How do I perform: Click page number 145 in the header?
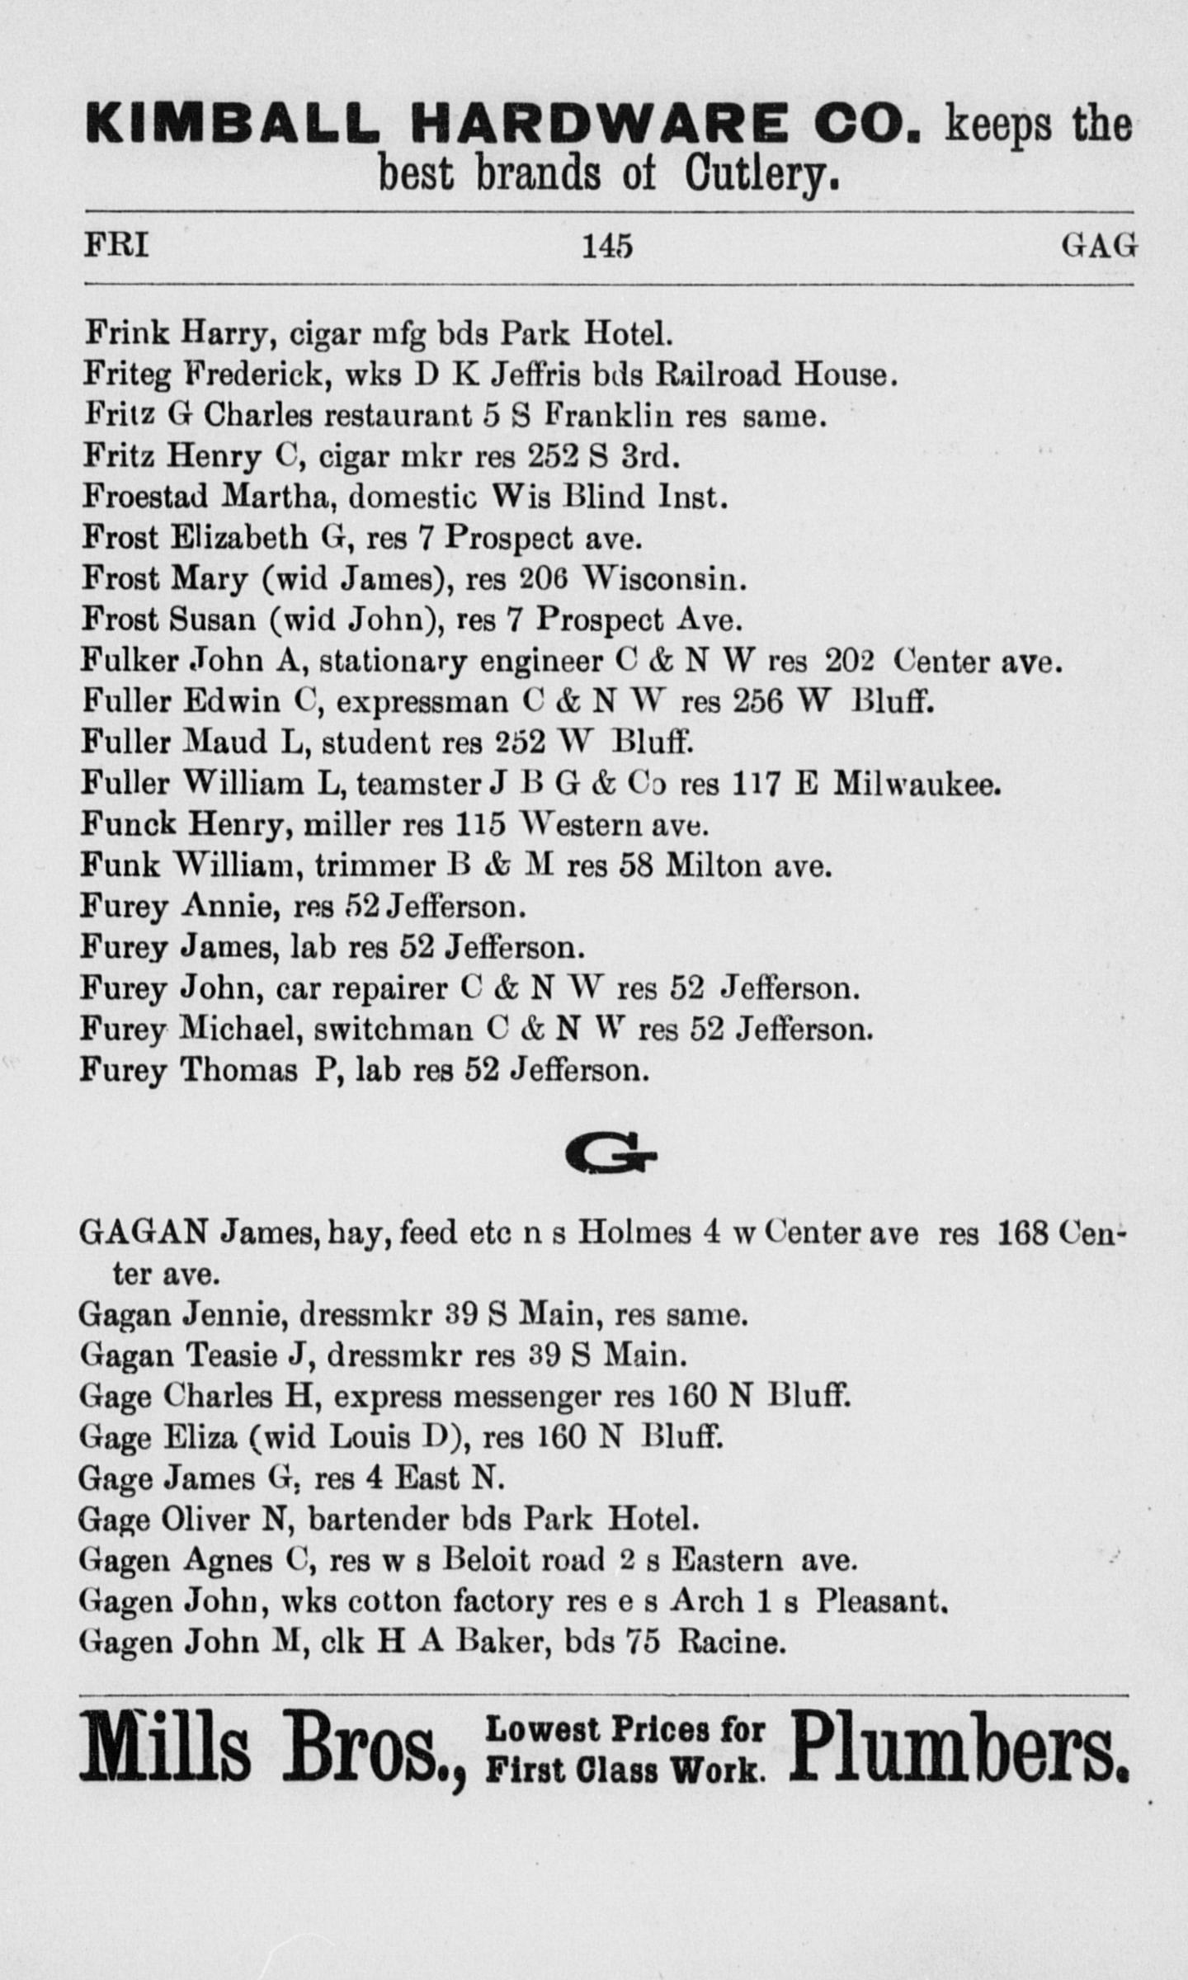(x=606, y=246)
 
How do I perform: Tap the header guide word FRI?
(x=116, y=246)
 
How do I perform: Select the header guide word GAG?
(x=1099, y=246)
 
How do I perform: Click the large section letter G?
(x=612, y=1156)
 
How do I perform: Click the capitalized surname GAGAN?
(x=143, y=1233)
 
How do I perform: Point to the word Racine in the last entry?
(x=729, y=1642)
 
